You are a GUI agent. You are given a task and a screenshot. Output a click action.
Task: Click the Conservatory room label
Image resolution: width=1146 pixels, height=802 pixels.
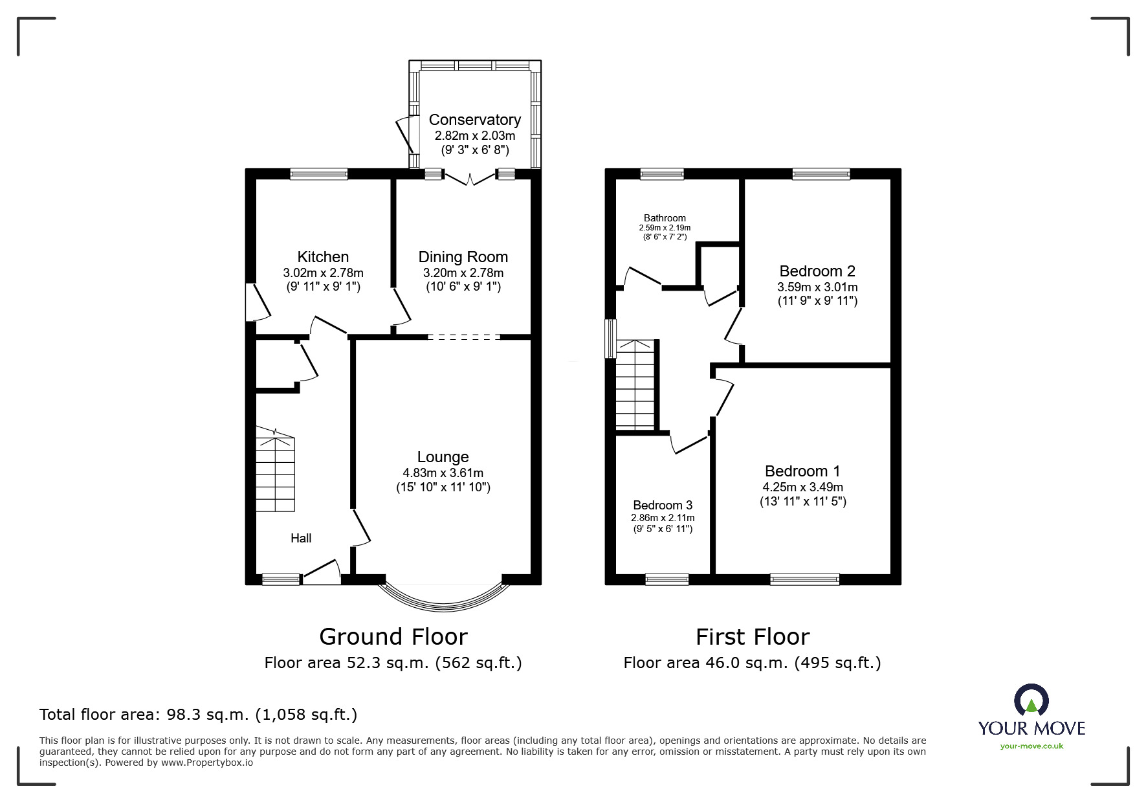tap(474, 120)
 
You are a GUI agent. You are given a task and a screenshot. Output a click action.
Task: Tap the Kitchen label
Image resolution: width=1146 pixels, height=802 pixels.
tap(323, 257)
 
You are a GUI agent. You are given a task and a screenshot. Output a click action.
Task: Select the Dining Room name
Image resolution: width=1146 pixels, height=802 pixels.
tap(463, 258)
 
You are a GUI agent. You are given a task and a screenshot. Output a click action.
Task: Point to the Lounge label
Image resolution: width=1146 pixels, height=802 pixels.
tap(443, 457)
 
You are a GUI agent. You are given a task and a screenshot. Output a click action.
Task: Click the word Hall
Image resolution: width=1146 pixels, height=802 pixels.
tap(301, 538)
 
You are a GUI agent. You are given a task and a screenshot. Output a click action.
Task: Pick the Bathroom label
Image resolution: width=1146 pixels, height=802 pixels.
tap(665, 218)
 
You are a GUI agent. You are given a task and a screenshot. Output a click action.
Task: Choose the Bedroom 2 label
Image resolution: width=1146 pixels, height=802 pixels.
tap(817, 271)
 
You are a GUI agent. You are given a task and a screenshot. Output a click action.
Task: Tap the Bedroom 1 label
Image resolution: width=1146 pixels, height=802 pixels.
tap(802, 471)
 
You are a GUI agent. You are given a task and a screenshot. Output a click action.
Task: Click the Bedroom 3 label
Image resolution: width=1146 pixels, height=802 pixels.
tap(663, 505)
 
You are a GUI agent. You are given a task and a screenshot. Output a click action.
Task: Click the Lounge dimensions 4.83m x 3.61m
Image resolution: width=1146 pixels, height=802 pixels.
tap(443, 473)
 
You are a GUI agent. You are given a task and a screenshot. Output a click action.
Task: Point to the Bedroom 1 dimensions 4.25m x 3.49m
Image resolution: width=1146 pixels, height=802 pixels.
tap(802, 487)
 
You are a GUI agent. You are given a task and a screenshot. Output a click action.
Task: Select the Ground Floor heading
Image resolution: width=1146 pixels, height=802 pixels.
tap(393, 637)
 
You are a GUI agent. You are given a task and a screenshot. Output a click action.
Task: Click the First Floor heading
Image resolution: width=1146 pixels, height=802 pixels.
tap(753, 637)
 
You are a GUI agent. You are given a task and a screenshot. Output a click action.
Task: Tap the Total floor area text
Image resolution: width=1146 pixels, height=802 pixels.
tap(198, 715)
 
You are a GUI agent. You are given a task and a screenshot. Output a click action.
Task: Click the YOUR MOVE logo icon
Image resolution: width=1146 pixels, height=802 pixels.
tap(1031, 700)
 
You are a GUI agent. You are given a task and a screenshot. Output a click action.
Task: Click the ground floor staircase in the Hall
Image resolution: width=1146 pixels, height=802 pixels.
tap(276, 469)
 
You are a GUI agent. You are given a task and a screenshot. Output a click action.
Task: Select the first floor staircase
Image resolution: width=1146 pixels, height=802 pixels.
tap(636, 384)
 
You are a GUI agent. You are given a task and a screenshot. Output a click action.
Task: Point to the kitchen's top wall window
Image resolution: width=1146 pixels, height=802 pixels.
tap(318, 173)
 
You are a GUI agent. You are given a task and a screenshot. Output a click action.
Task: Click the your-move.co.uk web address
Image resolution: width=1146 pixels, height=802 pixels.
tap(1031, 746)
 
